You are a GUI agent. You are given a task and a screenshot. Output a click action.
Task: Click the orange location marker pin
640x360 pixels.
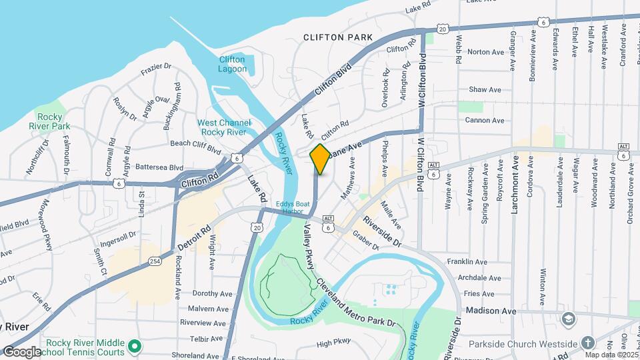[x=320, y=159]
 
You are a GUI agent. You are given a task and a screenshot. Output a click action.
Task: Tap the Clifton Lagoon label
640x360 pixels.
[x=233, y=64]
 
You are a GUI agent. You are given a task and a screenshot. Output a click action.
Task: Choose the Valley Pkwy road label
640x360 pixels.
[x=309, y=246]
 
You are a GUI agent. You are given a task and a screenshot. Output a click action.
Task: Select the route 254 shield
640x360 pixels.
[x=154, y=261]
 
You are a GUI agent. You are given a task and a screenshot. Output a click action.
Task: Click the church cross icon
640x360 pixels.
[x=587, y=343]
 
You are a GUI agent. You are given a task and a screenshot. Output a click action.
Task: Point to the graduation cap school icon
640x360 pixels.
[x=567, y=319]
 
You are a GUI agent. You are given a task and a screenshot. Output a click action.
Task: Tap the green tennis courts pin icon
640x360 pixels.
[x=134, y=347]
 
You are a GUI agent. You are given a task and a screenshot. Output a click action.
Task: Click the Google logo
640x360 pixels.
[x=22, y=351]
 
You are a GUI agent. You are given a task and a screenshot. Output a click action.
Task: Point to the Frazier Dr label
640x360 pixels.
[x=156, y=68]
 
